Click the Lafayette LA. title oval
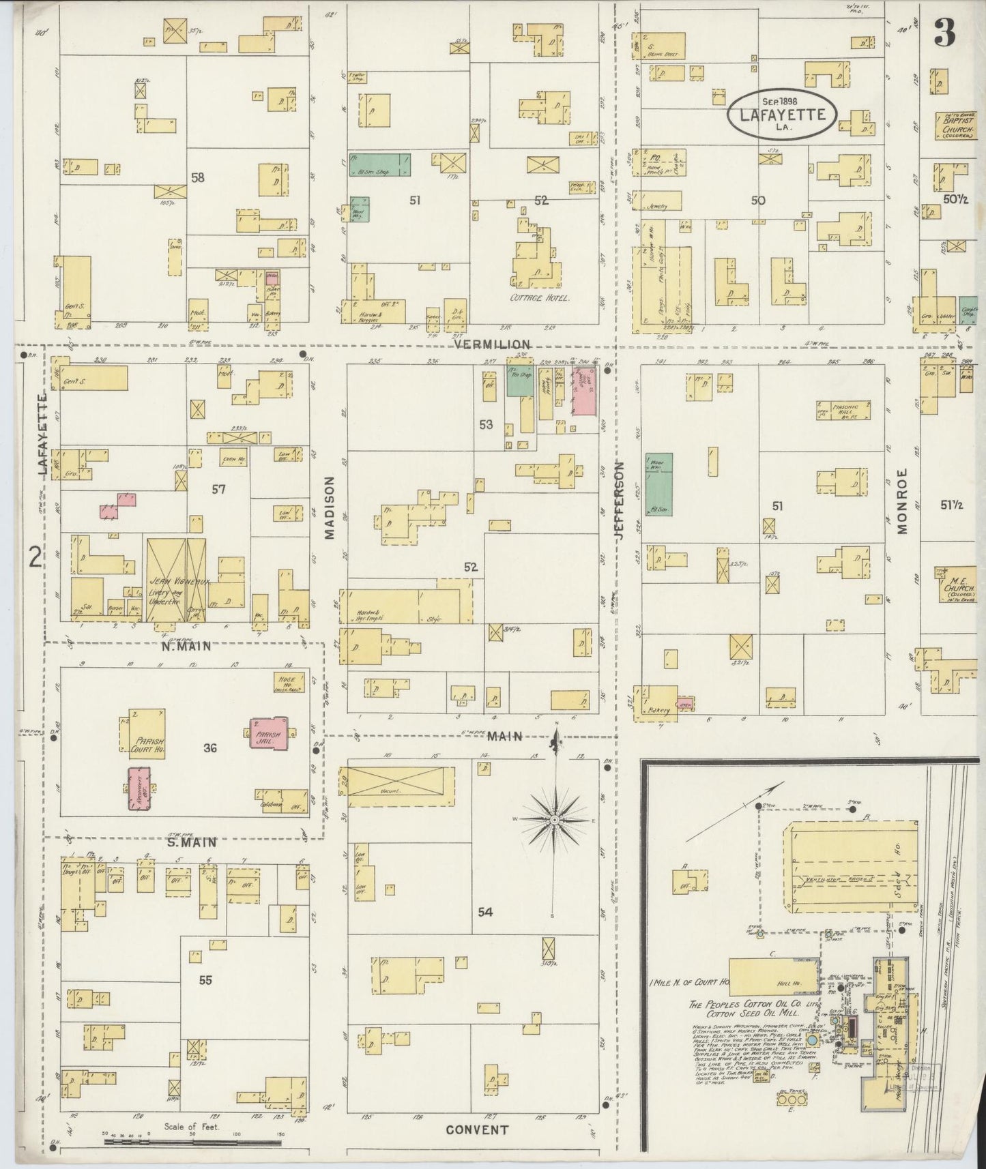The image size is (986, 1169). coord(781,114)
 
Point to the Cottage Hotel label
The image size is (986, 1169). coord(540,298)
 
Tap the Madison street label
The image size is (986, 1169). coord(330,507)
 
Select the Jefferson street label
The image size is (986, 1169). coord(620,501)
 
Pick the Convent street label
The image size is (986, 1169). coord(477,1129)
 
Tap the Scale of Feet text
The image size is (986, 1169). coord(192,1127)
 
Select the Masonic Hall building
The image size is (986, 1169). coord(843,411)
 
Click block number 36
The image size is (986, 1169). coord(209,748)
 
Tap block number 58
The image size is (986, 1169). coord(198,178)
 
